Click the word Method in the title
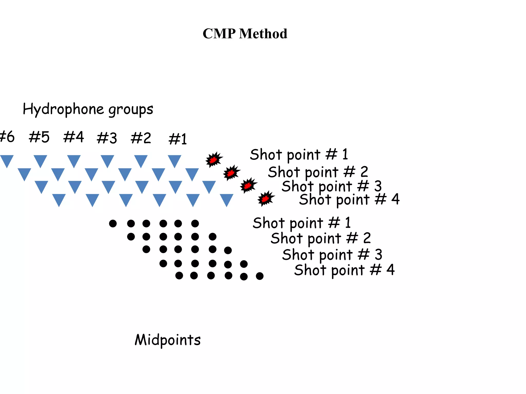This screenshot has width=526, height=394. point(263,34)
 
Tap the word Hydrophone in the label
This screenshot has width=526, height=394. point(63,109)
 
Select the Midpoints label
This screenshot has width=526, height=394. point(167,340)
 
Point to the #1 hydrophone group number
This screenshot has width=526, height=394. point(178,139)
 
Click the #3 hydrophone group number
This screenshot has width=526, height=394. point(107,138)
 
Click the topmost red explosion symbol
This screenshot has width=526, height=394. point(214,160)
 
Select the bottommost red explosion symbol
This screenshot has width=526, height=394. point(266,199)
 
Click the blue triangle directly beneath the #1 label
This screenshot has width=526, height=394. point(175,161)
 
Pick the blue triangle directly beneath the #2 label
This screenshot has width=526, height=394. point(141,161)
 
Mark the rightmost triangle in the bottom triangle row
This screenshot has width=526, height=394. point(227,200)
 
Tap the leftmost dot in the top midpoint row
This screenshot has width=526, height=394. point(113,223)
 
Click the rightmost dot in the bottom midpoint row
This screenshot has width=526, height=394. point(260,276)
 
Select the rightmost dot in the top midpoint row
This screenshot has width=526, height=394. point(195,223)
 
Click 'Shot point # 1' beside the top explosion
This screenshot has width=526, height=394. point(299,154)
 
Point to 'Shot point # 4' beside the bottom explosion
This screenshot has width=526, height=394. point(349,199)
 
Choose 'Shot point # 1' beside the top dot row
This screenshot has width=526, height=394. point(302,223)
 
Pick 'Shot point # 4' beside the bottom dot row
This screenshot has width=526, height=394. point(344,270)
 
